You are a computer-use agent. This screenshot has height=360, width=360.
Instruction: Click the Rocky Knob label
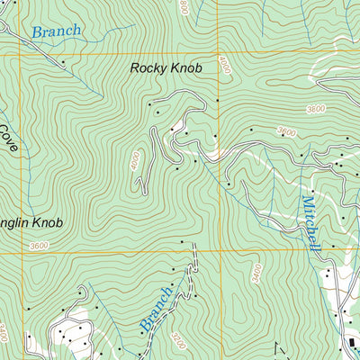(x=166, y=67)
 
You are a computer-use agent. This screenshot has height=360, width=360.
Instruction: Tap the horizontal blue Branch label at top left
(x=56, y=31)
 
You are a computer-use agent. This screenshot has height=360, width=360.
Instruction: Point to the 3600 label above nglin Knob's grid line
(x=38, y=245)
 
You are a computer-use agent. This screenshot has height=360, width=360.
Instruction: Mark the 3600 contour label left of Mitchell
(x=285, y=132)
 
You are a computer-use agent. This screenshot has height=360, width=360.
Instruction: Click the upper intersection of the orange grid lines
(x=218, y=53)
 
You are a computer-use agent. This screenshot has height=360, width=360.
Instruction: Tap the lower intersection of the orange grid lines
(x=218, y=251)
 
